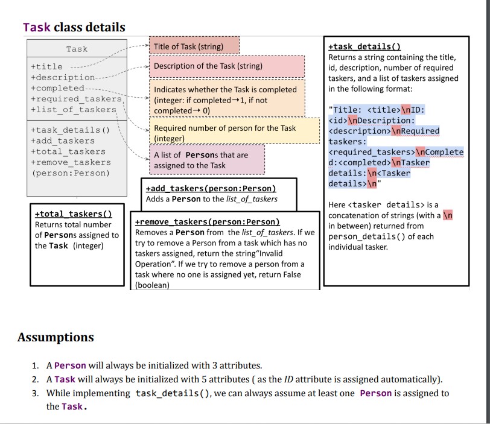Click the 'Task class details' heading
74,27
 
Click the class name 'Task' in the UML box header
77,49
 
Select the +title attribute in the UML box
46,67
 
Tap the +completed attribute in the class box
57,88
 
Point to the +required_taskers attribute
76,99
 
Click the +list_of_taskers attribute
73,109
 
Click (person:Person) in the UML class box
71,173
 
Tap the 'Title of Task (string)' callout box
188,46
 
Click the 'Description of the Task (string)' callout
208,66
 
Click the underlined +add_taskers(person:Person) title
211,188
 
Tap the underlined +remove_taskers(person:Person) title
208,222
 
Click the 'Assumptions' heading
56,337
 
